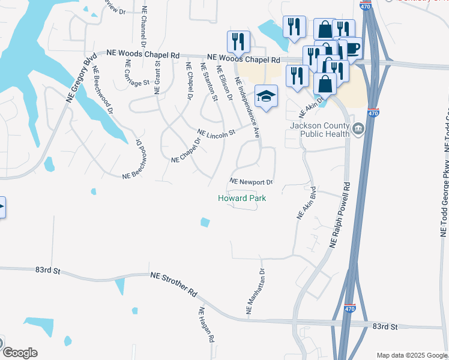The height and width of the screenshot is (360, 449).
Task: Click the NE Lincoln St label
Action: point(215,133)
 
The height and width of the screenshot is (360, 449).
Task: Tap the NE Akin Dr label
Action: point(311,107)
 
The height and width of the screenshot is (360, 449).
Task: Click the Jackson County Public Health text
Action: point(319,130)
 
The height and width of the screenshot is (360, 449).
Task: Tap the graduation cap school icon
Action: point(266,96)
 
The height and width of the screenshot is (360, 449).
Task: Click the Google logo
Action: point(20,352)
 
